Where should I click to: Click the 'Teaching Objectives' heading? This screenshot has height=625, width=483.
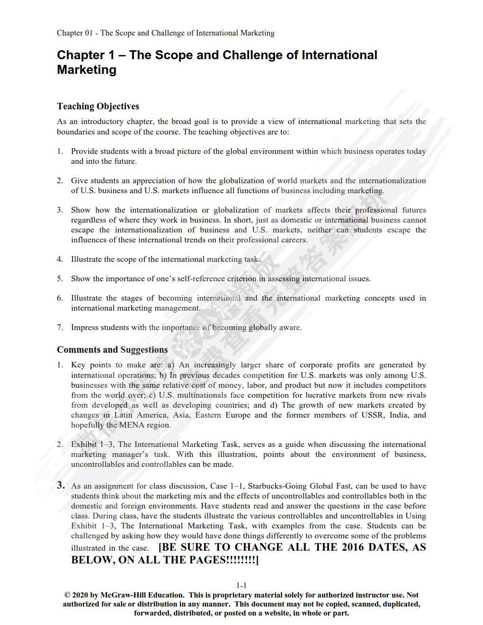pyautogui.click(x=98, y=106)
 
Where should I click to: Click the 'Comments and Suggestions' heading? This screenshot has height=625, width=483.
pyautogui.click(x=112, y=349)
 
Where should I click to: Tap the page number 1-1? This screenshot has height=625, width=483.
pyautogui.click(x=241, y=585)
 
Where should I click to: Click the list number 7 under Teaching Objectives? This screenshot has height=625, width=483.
pyautogui.click(x=60, y=327)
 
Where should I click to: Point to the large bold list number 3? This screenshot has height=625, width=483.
pyautogui.click(x=61, y=484)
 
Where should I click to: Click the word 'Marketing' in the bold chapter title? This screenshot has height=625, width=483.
pyautogui.click(x=87, y=70)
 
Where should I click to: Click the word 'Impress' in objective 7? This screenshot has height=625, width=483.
pyautogui.click(x=84, y=327)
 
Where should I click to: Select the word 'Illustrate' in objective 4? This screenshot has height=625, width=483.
pyautogui.click(x=86, y=259)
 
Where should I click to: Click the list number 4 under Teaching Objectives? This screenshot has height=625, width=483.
pyautogui.click(x=60, y=259)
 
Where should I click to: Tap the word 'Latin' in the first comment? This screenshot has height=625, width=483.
pyautogui.click(x=124, y=415)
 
